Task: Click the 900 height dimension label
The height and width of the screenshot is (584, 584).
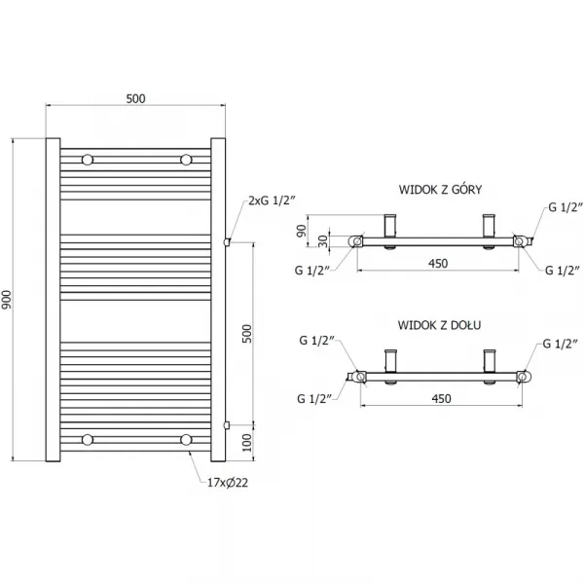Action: [7, 300]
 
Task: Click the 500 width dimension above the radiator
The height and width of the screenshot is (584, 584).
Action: [135, 98]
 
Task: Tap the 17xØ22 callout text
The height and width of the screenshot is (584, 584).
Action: [228, 483]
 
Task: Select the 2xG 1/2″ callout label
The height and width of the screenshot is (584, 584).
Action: [272, 201]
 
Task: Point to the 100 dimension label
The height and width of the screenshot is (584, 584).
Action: [247, 443]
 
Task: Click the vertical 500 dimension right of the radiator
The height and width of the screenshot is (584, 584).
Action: [247, 334]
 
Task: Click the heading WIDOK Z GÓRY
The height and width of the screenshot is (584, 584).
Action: [440, 189]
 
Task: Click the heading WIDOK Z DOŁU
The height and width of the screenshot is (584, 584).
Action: [439, 325]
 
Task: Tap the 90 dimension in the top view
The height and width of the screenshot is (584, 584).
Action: [302, 231]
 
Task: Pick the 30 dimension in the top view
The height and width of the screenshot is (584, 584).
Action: [323, 241]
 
